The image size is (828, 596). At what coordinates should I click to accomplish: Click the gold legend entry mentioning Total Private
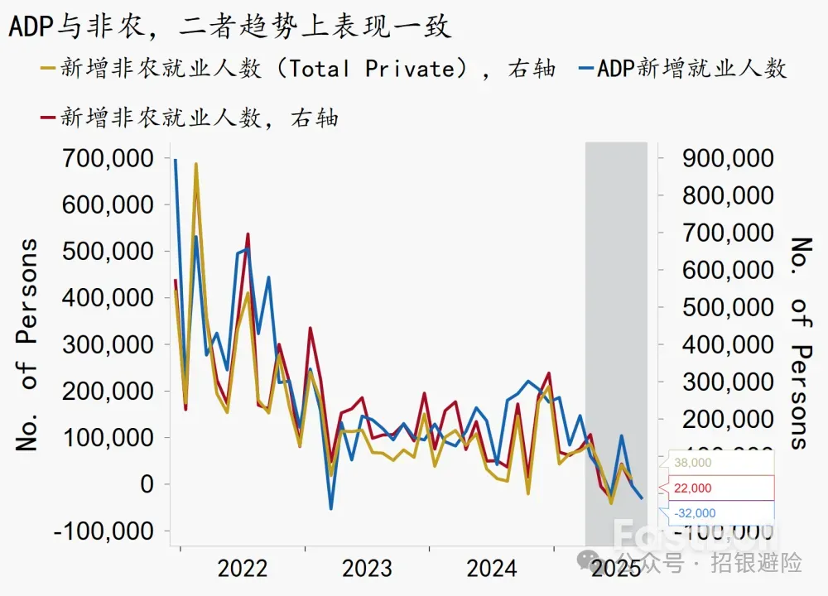click(298, 68)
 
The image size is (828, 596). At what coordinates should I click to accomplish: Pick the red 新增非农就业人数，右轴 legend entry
click(190, 118)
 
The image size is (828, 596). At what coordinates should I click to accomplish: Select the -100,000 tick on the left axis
click(103, 531)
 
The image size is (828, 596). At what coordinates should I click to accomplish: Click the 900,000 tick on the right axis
click(728, 157)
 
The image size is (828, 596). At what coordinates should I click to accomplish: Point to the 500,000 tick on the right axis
click(728, 307)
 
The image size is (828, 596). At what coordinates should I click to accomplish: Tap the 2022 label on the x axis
click(242, 569)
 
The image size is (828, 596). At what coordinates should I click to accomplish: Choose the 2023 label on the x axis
click(367, 569)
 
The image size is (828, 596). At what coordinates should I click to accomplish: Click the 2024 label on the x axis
click(491, 569)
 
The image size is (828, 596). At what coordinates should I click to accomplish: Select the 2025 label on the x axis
click(616, 569)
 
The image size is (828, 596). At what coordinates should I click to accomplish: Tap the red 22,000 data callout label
click(694, 488)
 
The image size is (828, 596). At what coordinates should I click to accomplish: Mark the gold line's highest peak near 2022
click(196, 164)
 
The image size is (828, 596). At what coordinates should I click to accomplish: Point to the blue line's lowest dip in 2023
click(330, 507)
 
